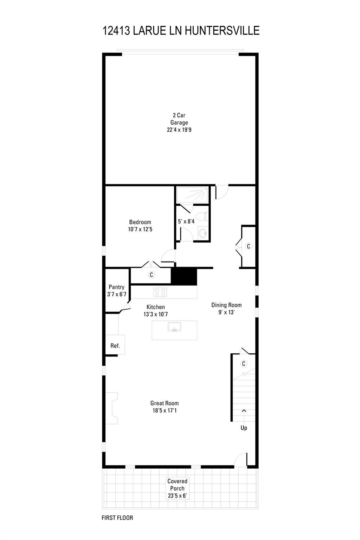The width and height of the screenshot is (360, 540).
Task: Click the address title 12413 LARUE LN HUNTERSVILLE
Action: click(x=181, y=31)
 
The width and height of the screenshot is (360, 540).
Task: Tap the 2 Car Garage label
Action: click(x=179, y=119)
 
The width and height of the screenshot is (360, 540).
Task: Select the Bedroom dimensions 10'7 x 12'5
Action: click(x=140, y=229)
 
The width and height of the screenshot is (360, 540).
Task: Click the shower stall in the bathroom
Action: click(x=192, y=195)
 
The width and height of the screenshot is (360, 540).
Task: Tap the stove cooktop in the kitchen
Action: click(x=160, y=292)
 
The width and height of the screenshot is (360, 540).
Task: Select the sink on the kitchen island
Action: click(x=174, y=327)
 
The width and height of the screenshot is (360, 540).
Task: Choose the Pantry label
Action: click(x=116, y=287)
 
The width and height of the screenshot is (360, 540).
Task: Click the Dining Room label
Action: click(x=226, y=305)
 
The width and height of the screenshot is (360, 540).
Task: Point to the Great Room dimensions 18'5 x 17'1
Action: click(x=165, y=410)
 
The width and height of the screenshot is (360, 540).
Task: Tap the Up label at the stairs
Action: click(x=244, y=428)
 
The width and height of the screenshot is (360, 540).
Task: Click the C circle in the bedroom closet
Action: click(x=152, y=275)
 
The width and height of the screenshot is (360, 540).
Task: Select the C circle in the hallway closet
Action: click(x=248, y=246)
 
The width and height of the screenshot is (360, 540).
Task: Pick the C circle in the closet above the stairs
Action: click(x=244, y=364)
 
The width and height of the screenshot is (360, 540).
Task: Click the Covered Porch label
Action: click(x=177, y=485)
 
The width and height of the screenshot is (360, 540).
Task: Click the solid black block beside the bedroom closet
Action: click(x=184, y=276)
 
